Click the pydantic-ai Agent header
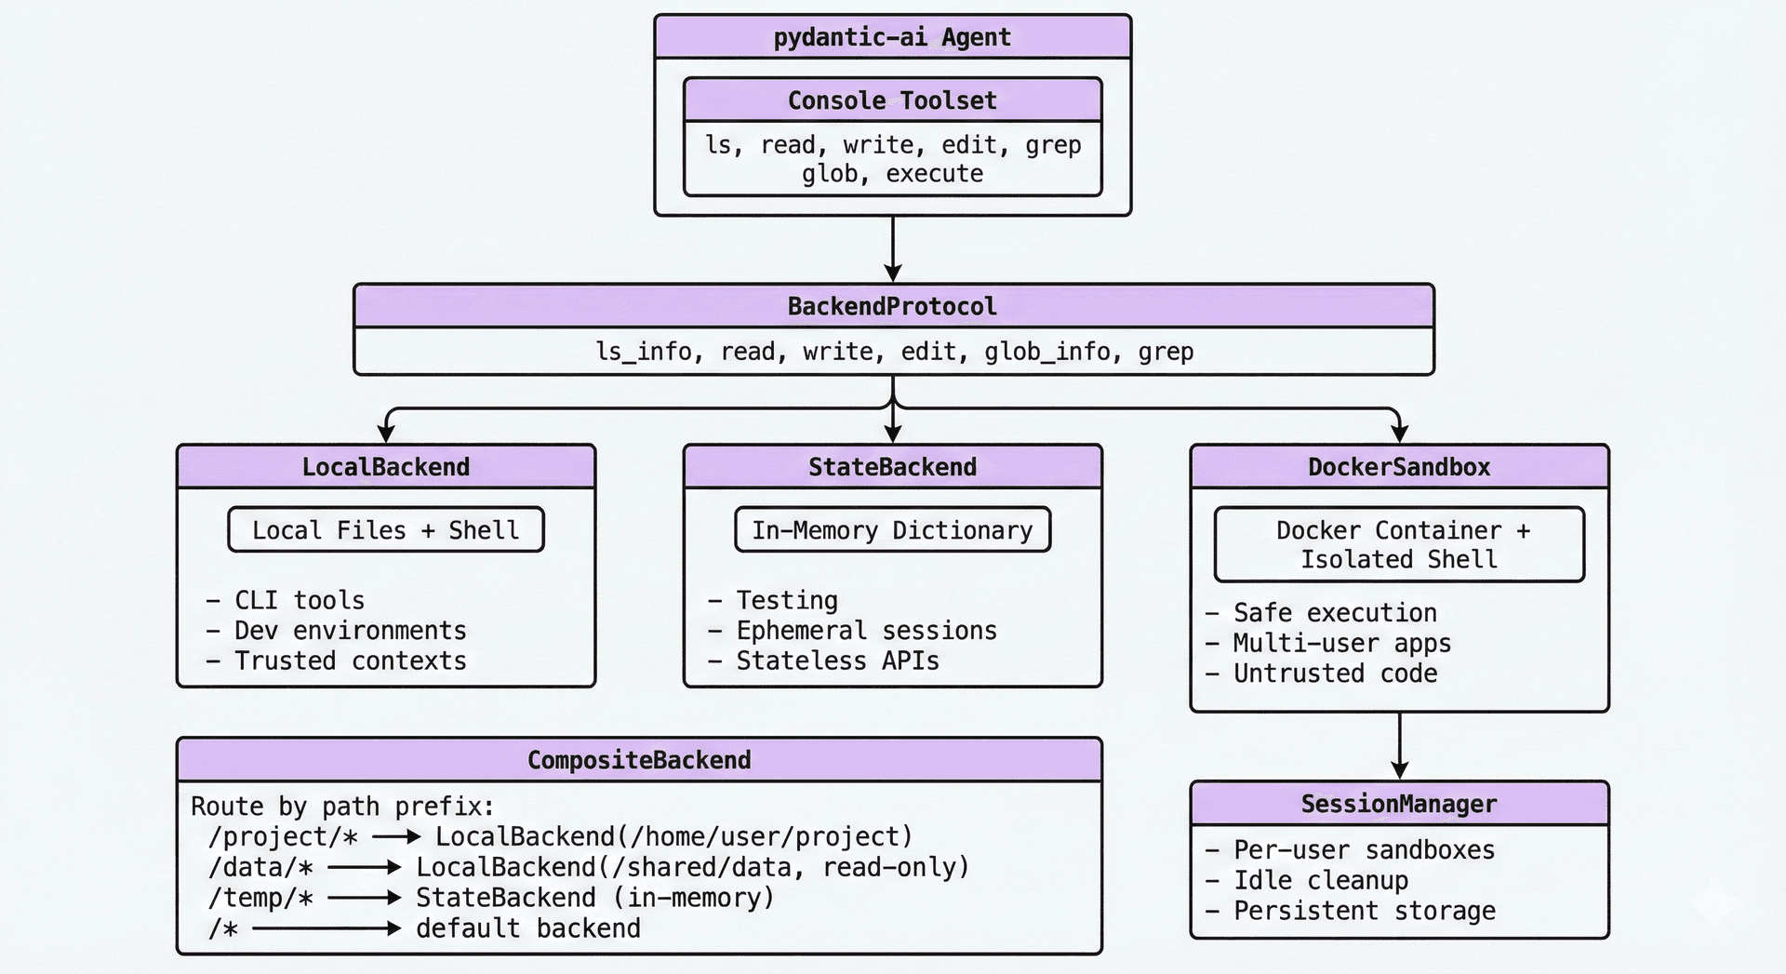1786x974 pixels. point(892,37)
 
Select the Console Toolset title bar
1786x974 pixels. point(892,100)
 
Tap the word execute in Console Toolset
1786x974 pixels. point(934,174)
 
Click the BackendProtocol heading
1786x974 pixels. point(893,306)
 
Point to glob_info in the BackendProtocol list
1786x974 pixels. point(1047,352)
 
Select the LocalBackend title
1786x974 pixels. point(386,467)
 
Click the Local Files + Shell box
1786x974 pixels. point(386,530)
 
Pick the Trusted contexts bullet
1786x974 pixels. point(337,660)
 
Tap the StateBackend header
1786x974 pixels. point(893,467)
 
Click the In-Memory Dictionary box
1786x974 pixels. point(893,530)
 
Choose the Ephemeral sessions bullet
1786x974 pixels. point(852,631)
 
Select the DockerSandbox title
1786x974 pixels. point(1399,467)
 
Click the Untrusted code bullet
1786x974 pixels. point(1322,674)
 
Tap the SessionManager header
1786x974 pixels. point(1399,804)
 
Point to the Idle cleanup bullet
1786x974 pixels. point(1307,880)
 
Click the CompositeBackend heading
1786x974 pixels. point(639,760)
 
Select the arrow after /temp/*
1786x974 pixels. point(365,898)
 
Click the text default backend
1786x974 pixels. point(528,928)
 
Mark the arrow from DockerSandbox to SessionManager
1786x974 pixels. point(1399,746)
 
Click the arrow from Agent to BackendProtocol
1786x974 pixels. point(893,249)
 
